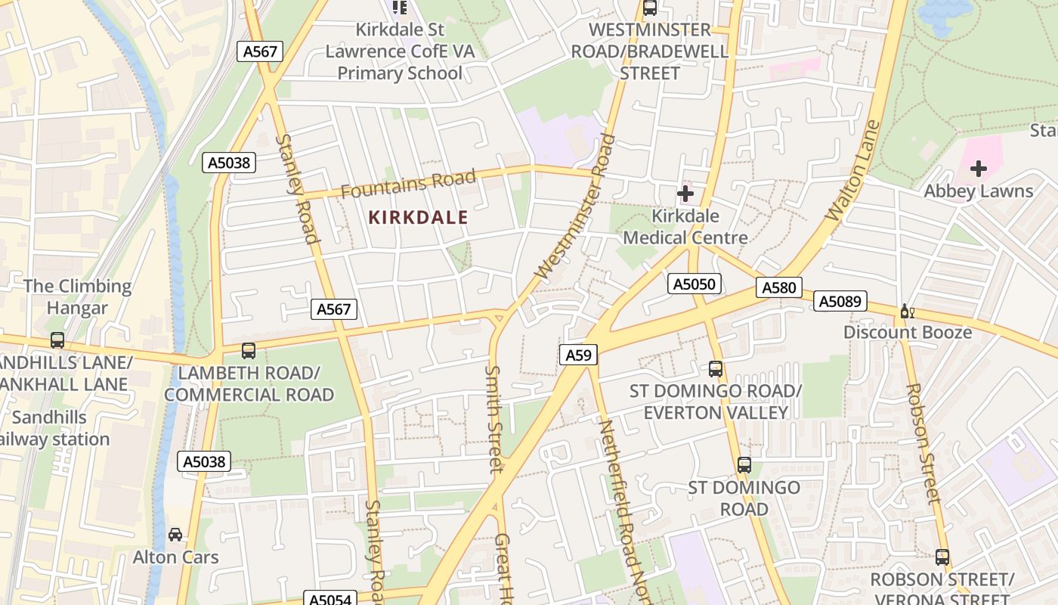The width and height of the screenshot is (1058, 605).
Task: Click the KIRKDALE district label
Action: pos(418,218)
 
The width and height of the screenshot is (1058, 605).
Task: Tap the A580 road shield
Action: pos(779,287)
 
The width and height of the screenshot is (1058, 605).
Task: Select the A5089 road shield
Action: pos(840,302)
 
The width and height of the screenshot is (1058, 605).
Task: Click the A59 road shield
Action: pos(579,355)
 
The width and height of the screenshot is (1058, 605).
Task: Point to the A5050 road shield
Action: pos(695,284)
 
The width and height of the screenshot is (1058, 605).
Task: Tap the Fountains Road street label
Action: pos(408,184)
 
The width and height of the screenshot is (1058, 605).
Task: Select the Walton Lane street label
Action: pos(854,171)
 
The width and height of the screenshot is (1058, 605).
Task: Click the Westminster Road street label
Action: pos(575,206)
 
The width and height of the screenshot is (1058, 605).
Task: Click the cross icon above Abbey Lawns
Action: pos(979,168)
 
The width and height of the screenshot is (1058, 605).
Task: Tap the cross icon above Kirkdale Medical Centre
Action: pos(685,194)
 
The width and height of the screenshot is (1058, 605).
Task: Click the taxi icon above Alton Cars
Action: pos(175,535)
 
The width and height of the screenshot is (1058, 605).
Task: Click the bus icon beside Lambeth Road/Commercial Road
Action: pos(248,351)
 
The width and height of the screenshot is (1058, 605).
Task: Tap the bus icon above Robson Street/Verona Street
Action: pos(942,557)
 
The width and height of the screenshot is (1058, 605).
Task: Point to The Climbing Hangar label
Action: pos(77,297)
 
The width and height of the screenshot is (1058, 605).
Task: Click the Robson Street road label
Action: pos(923,442)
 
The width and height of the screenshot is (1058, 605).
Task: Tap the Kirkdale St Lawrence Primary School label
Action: pos(400,51)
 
